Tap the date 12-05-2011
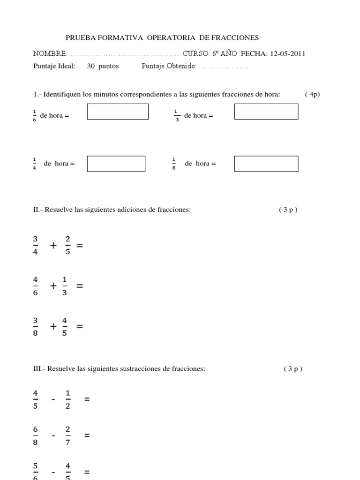pyautogui.click(x=287, y=53)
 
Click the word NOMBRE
pyautogui.click(x=50, y=53)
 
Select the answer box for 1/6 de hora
pyautogui.click(x=118, y=112)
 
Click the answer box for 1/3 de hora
pyautogui.click(x=266, y=112)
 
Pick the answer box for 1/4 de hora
pyautogui.click(x=116, y=164)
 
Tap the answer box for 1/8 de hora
pyautogui.click(x=266, y=164)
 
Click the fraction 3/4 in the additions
pyautogui.click(x=36, y=245)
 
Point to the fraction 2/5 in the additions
pyautogui.click(x=67, y=245)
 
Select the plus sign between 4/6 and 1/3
pyautogui.click(x=53, y=285)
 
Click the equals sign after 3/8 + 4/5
pyautogui.click(x=79, y=326)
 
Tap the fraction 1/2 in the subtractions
pyautogui.click(x=67, y=399)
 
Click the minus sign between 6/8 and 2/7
pyautogui.click(x=53, y=435)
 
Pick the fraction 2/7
pyautogui.click(x=67, y=435)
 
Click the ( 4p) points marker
pyautogui.click(x=312, y=94)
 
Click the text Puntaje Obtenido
pyautogui.click(x=169, y=66)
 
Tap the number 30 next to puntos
pyautogui.click(x=91, y=66)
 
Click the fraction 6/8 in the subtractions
pyautogui.click(x=36, y=435)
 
